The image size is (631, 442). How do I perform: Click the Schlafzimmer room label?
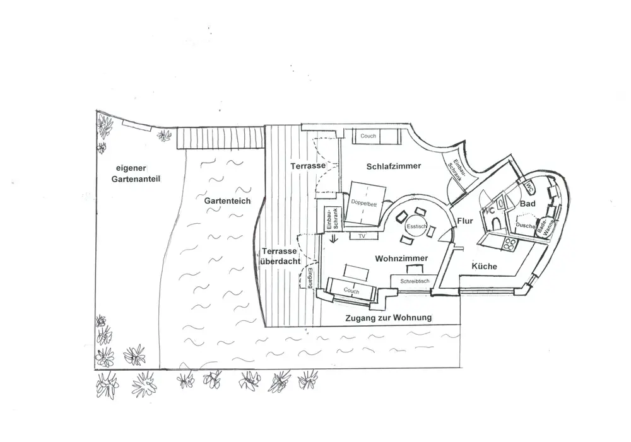pos(393,166)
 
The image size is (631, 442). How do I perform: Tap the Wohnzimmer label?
pos(401,259)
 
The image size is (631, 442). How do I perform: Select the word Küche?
pos(485,267)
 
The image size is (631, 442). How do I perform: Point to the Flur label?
pos(465,221)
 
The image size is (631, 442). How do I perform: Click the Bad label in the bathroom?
pos(528,204)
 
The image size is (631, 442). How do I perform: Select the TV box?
pos(362,236)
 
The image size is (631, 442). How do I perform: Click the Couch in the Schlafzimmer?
pos(369,136)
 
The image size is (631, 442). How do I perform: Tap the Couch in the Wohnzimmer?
pos(351,291)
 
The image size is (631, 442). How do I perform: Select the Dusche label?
pos(524,225)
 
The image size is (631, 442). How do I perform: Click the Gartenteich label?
pos(227,201)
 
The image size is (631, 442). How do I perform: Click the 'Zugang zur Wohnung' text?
pos(388,318)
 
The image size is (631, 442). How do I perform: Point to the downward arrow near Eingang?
pos(334,238)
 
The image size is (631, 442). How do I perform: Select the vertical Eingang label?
pos(311,277)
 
